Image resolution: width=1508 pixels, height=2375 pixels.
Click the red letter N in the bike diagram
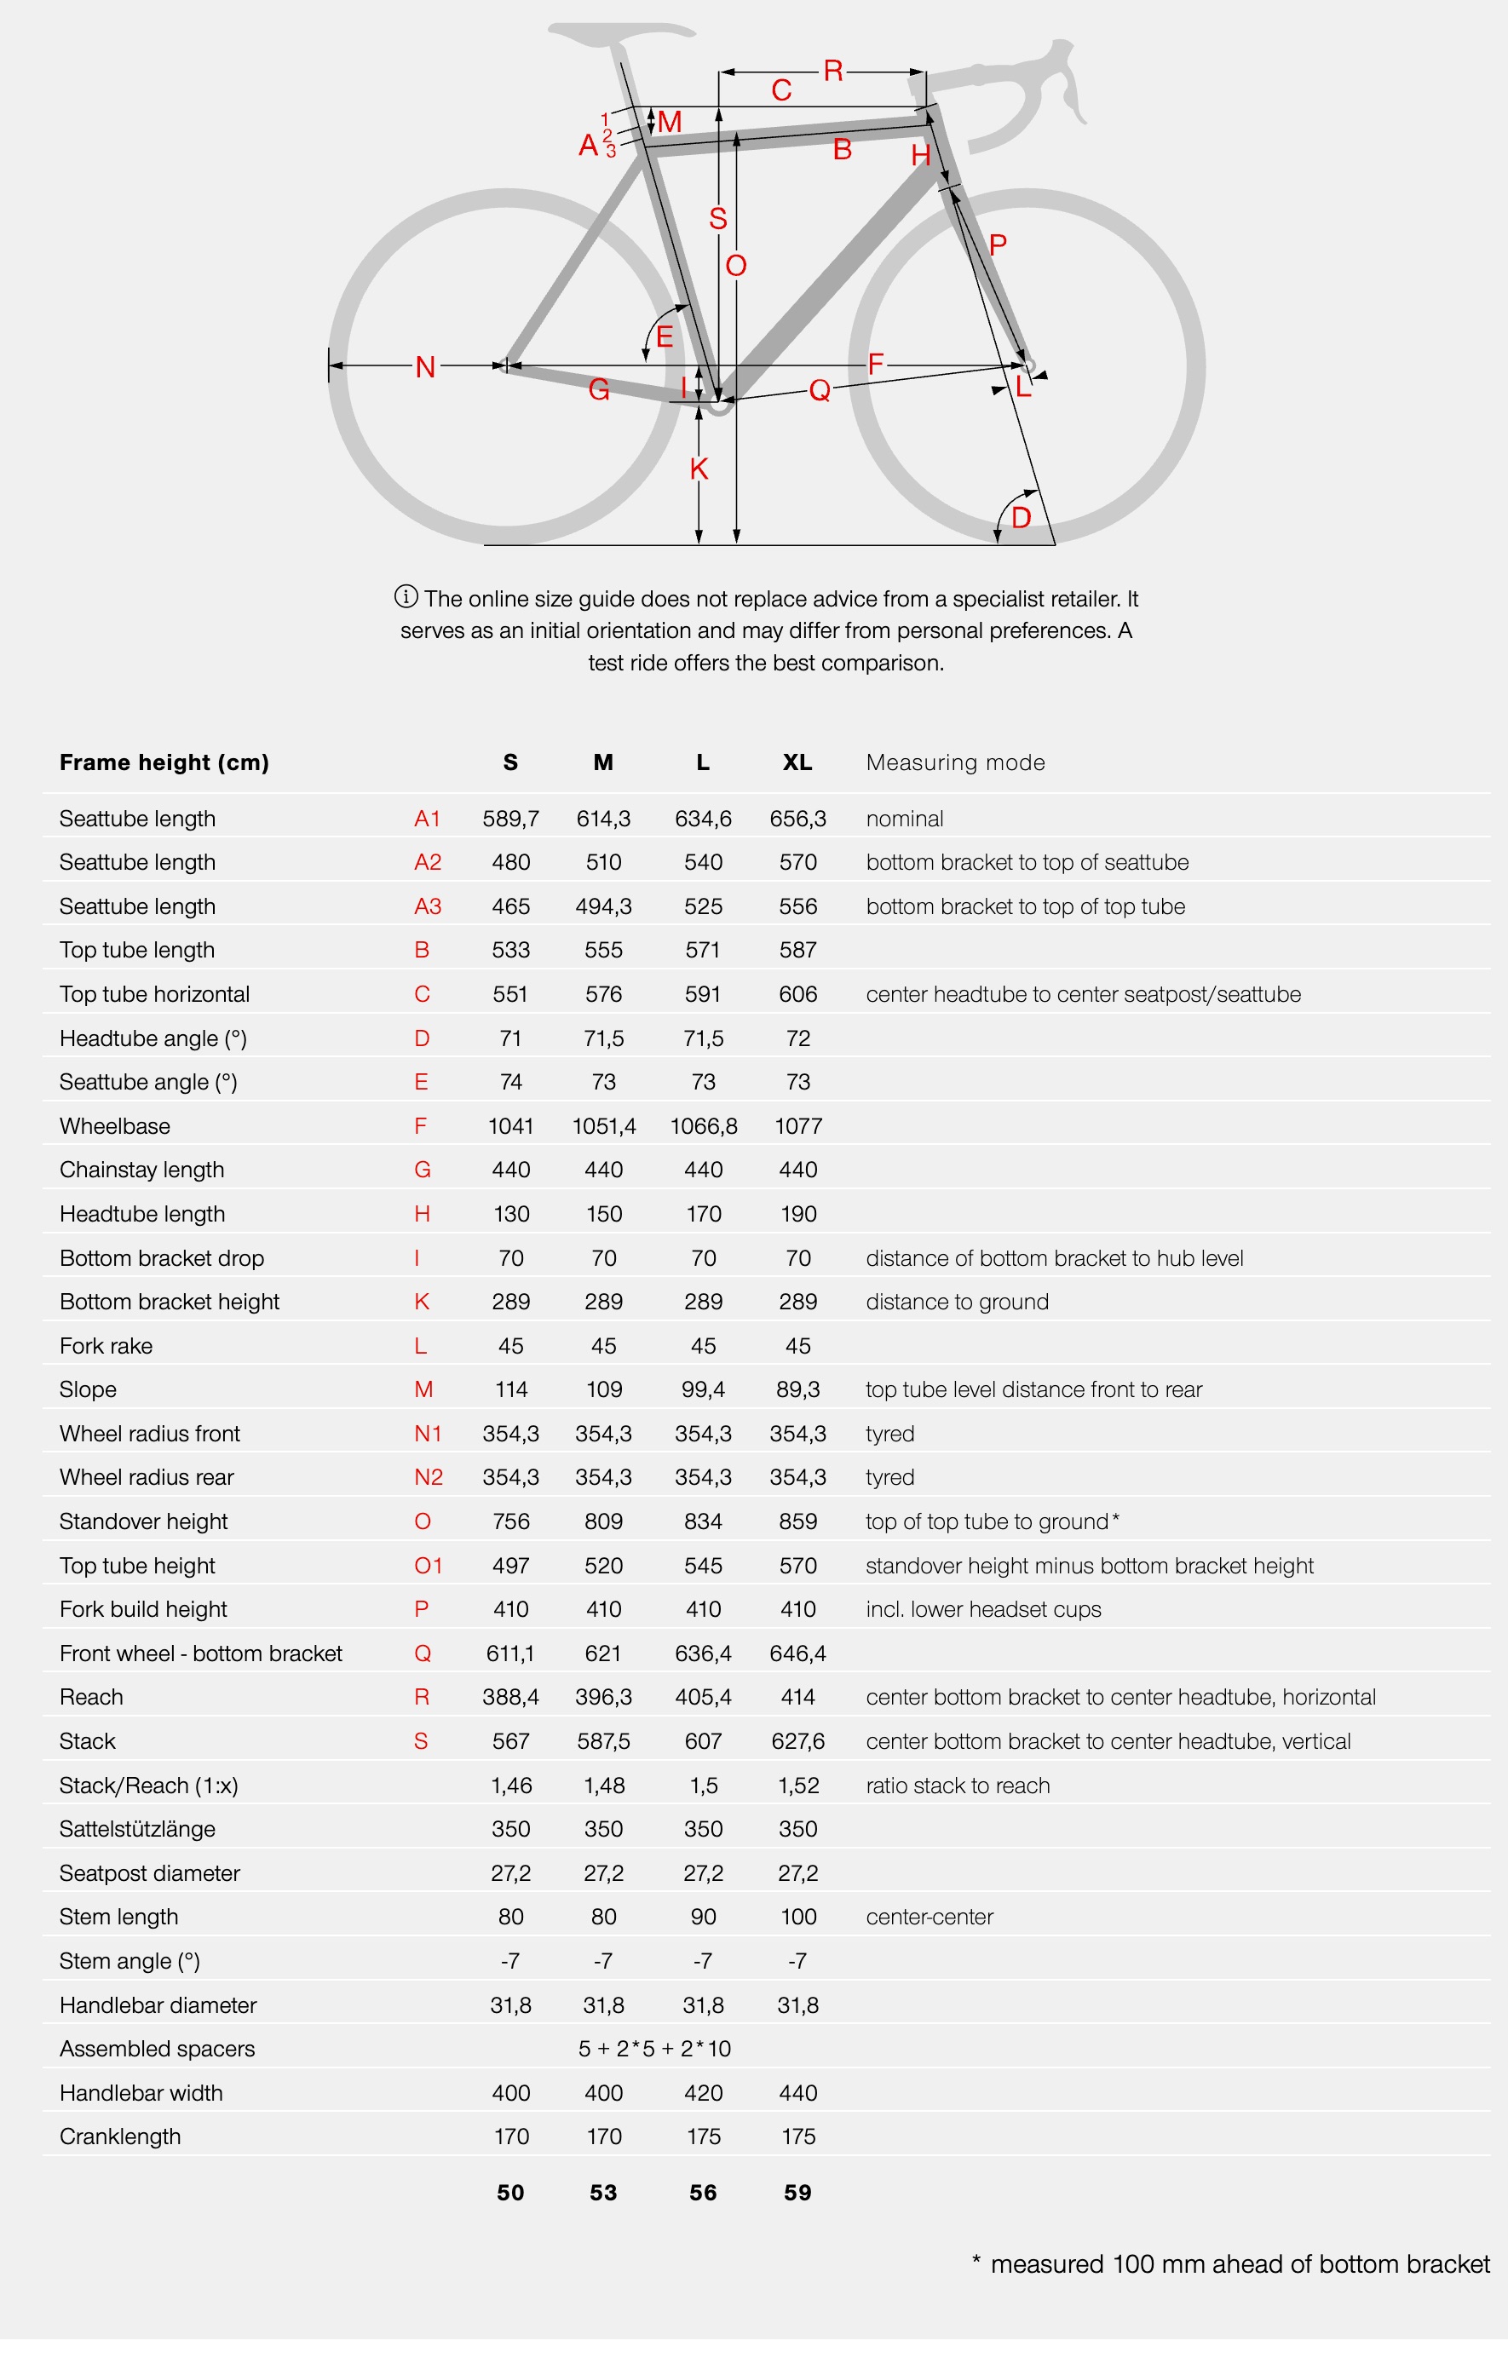pyautogui.click(x=425, y=367)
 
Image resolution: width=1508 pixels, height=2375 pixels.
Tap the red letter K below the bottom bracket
pyautogui.click(x=699, y=469)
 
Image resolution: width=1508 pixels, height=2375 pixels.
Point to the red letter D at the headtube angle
pyautogui.click(x=1021, y=517)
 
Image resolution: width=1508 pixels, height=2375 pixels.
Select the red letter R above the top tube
pyautogui.click(x=832, y=71)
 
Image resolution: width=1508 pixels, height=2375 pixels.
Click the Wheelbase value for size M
pyautogui.click(x=603, y=1125)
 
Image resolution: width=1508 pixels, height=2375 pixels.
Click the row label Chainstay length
pyautogui.click(x=142, y=1170)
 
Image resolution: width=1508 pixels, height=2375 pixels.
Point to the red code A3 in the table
pyautogui.click(x=427, y=906)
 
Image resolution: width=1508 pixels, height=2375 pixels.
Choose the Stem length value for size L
pyautogui.click(x=702, y=1917)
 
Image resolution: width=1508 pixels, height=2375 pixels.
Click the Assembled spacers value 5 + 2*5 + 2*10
pyautogui.click(x=654, y=2049)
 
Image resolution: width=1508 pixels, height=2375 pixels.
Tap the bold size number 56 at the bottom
pyautogui.click(x=702, y=2193)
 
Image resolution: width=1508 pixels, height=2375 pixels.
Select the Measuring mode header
pyautogui.click(x=955, y=762)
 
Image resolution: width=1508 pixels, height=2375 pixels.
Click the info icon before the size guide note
pyautogui.click(x=406, y=596)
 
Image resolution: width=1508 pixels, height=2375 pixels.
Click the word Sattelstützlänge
pyautogui.click(x=137, y=1829)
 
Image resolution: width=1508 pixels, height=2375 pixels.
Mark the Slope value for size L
pyautogui.click(x=702, y=1389)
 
